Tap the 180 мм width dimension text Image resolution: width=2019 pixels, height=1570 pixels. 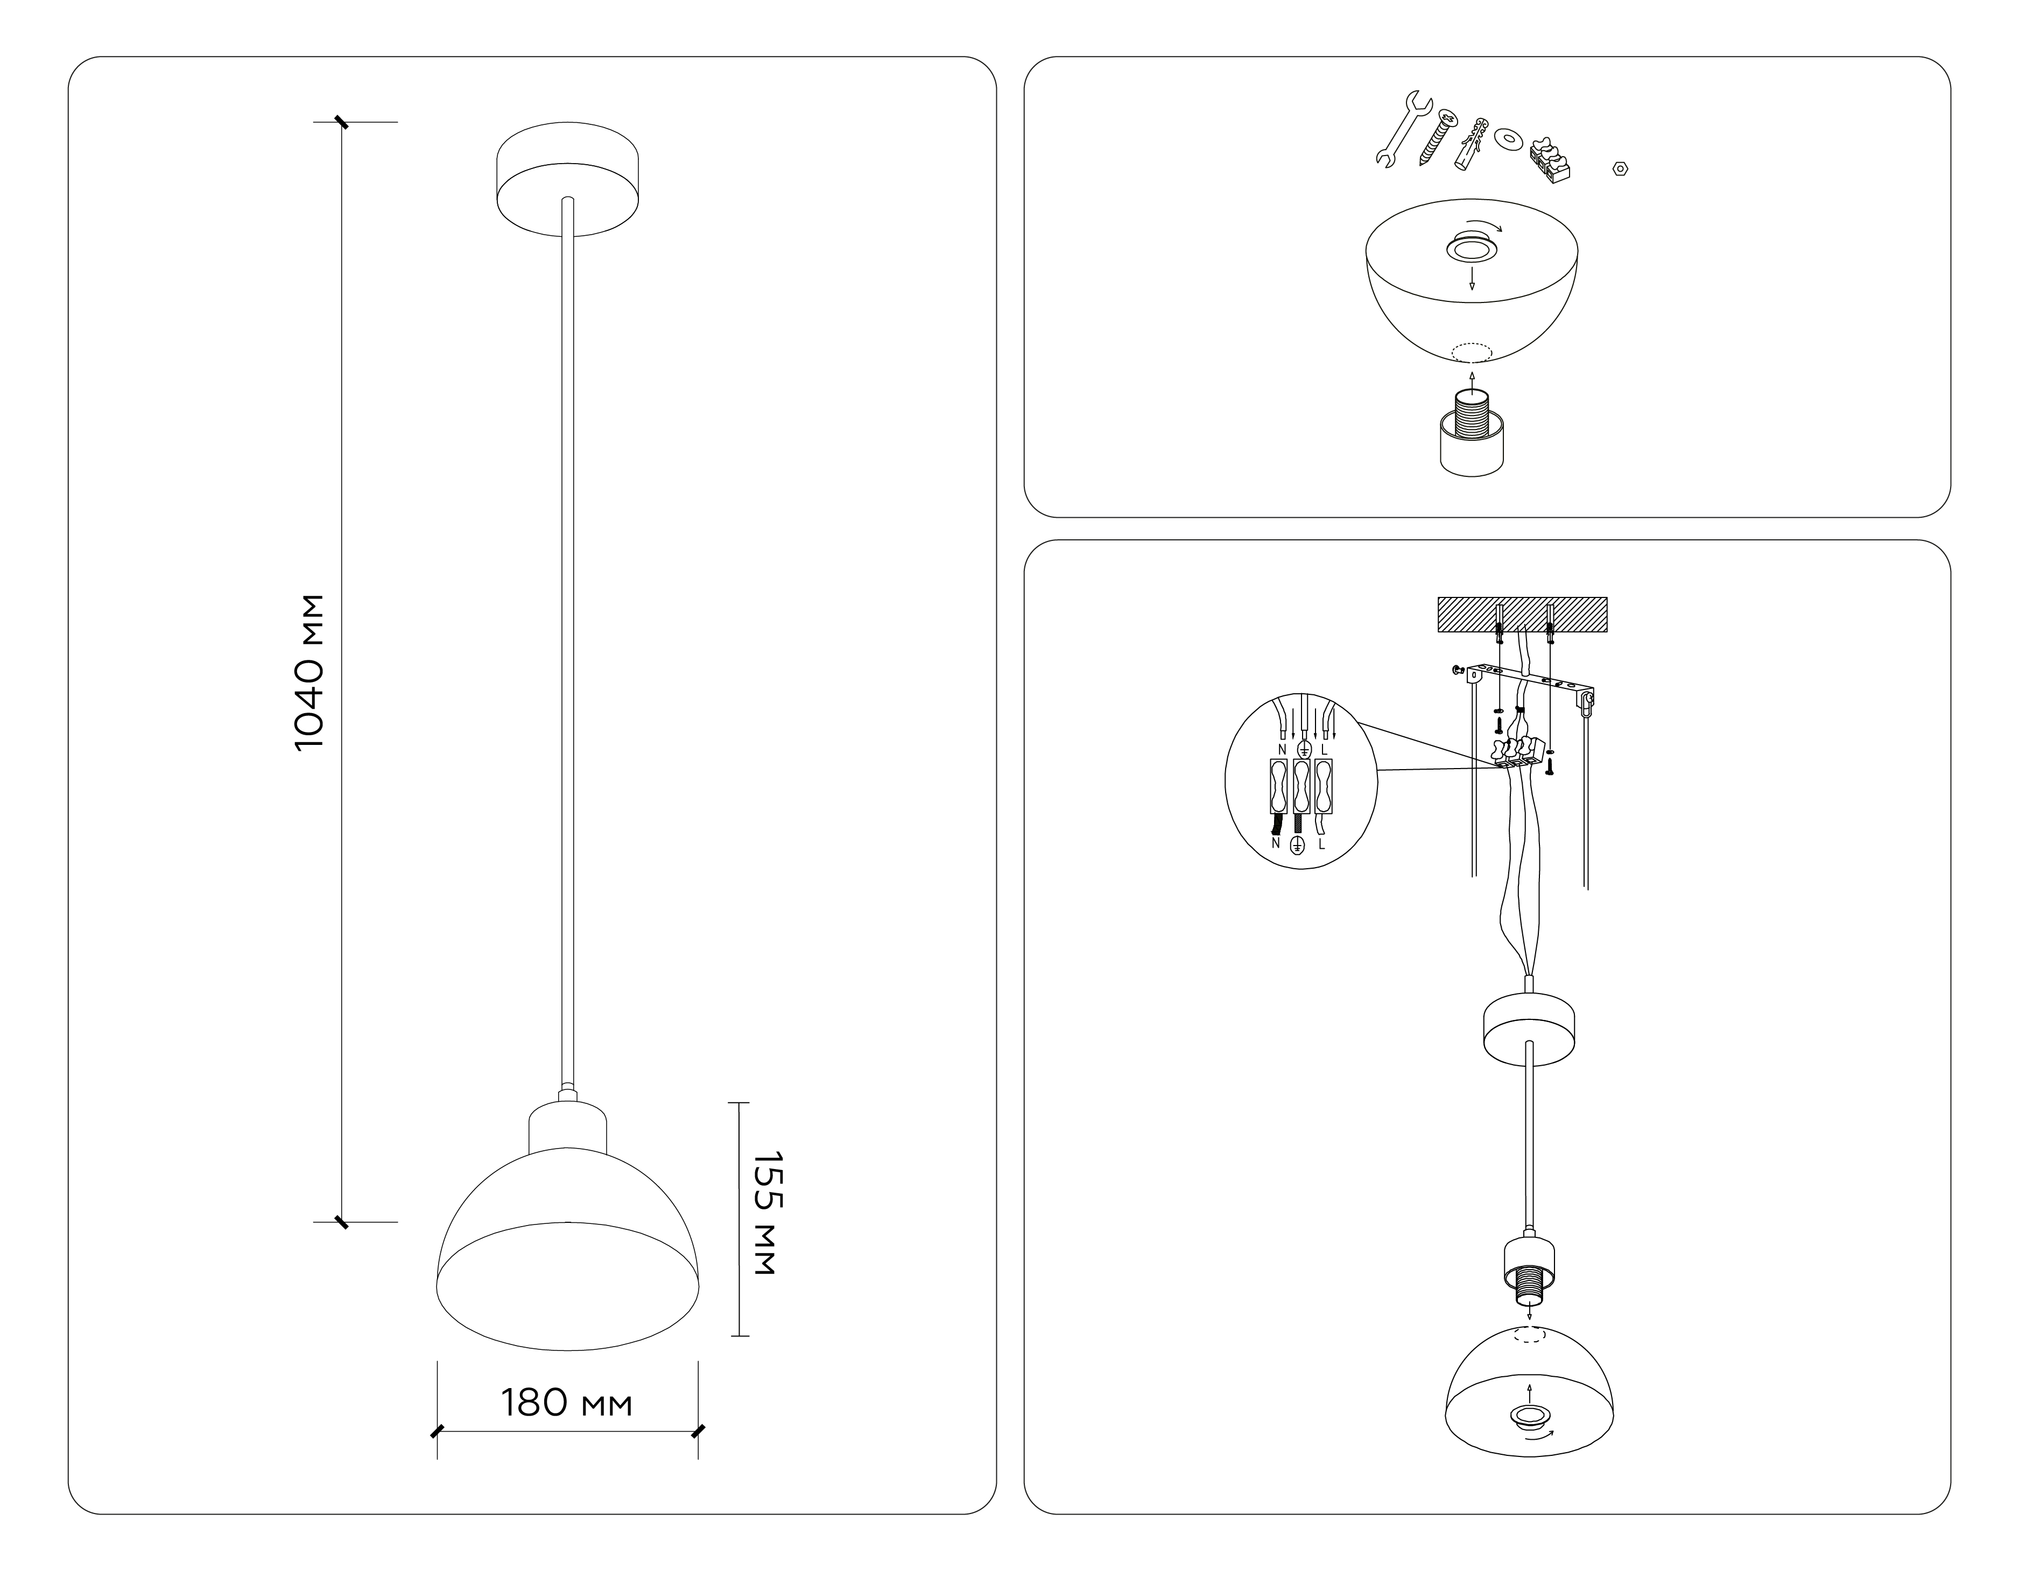[567, 1404]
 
